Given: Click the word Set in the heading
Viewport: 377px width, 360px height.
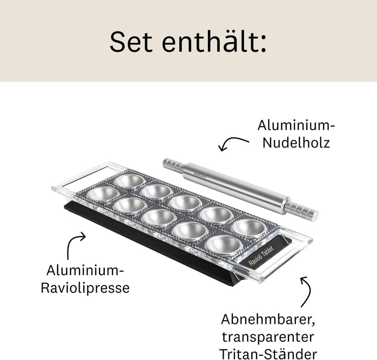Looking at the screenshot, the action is (131, 42).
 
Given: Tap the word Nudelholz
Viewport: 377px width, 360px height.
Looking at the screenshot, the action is (296, 142).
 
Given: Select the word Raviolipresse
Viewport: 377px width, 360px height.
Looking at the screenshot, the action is (85, 288).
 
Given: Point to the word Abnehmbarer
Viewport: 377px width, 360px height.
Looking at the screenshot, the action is (268, 319).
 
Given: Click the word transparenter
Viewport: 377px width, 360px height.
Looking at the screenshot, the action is (268, 337).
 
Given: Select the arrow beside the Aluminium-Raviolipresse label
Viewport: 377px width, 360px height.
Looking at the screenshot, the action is (73, 243).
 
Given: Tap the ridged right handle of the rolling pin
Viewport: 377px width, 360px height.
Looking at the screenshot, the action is (301, 210).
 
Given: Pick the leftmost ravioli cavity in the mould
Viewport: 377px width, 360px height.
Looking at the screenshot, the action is (103, 194).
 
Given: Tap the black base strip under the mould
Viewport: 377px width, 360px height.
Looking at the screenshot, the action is (154, 245).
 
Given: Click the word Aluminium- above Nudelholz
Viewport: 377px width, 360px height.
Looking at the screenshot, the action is (296, 126).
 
